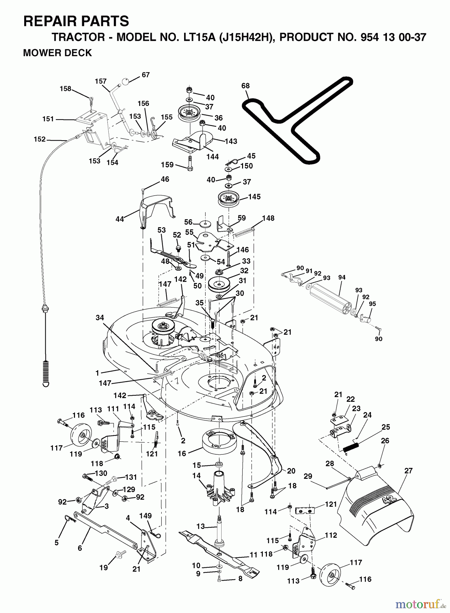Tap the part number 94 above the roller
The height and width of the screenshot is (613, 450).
click(342, 278)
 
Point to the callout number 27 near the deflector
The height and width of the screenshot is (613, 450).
click(408, 471)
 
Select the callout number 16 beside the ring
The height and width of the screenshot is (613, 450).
click(182, 453)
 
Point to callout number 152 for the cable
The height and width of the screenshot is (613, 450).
click(40, 139)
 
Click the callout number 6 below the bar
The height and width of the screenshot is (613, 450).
click(80, 548)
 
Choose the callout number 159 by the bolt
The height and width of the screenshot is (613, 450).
click(168, 165)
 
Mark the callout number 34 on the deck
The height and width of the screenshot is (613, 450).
click(100, 318)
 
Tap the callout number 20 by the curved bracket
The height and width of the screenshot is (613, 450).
click(291, 471)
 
